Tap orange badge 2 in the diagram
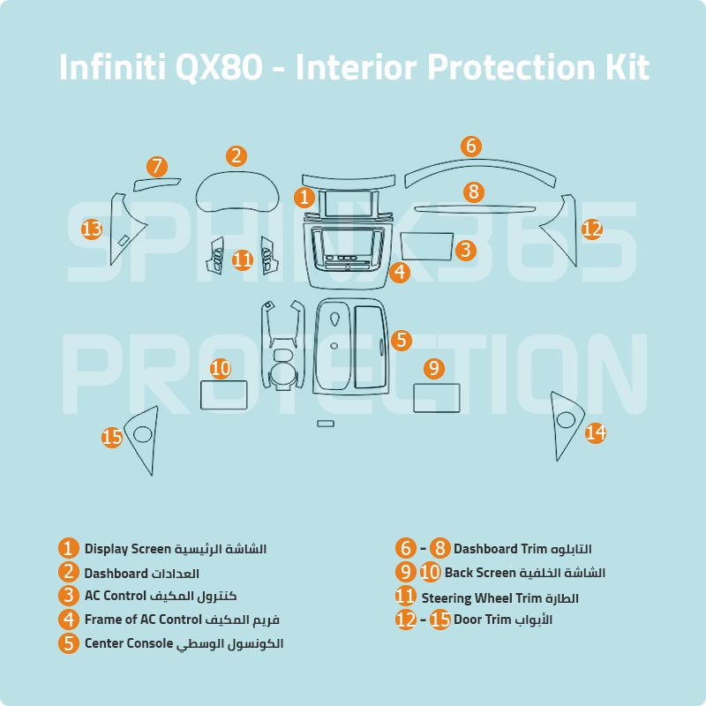tap(236, 156)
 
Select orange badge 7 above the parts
tap(157, 166)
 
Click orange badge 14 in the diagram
tap(596, 432)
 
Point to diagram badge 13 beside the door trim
tap(92, 229)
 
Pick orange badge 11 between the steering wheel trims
tap(243, 259)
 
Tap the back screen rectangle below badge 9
tap(437, 398)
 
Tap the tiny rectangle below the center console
tap(326, 424)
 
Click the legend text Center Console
tap(129, 643)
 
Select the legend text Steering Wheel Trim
tap(477, 598)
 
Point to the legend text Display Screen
tap(127, 549)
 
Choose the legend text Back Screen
tap(479, 573)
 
